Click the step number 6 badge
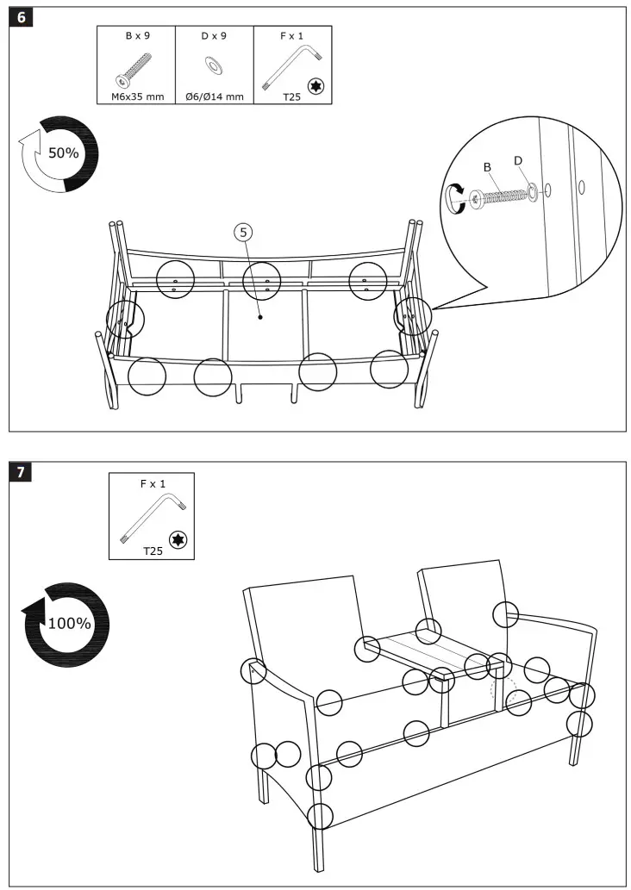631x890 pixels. pyautogui.click(x=21, y=19)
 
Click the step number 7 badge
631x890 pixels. pyautogui.click(x=21, y=472)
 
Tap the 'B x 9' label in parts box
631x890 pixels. pyautogui.click(x=135, y=36)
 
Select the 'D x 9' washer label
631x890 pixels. pyautogui.click(x=214, y=36)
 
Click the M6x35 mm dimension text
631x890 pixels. pyautogui.click(x=135, y=96)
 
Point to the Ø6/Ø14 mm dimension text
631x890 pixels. pyautogui.click(x=214, y=96)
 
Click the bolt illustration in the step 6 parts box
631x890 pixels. pyautogui.click(x=134, y=69)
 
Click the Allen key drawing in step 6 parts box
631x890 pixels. pyautogui.click(x=293, y=65)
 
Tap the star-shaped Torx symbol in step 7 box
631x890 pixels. pyautogui.click(x=179, y=540)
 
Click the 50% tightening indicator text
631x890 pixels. pyautogui.click(x=63, y=153)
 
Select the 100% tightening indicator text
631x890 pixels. pyautogui.click(x=69, y=623)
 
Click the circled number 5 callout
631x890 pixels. pyautogui.click(x=244, y=232)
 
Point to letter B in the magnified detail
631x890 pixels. pyautogui.click(x=487, y=166)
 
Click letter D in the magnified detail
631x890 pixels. pyautogui.click(x=518, y=160)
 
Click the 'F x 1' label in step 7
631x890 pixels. pyautogui.click(x=152, y=484)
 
